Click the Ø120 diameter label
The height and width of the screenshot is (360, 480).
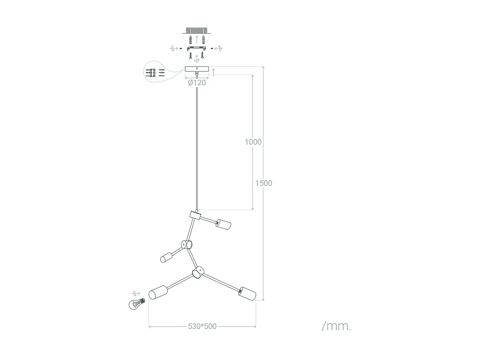tap(197, 83)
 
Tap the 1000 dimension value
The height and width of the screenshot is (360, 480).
tap(253, 142)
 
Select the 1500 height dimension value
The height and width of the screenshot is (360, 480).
tap(264, 183)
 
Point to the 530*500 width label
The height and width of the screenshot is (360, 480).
tap(202, 326)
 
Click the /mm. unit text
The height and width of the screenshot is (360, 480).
tap(336, 326)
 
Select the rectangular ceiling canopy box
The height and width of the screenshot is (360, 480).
tap(197, 69)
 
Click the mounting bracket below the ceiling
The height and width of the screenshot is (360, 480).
tap(196, 48)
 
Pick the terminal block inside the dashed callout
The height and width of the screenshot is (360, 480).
tap(151, 74)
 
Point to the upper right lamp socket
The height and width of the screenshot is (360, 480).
tap(223, 224)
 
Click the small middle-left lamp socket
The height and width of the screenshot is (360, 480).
tap(166, 257)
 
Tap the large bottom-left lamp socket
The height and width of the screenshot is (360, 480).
tap(158, 292)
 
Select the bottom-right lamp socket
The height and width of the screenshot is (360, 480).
tap(247, 294)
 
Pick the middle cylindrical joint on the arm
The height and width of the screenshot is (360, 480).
tap(187, 245)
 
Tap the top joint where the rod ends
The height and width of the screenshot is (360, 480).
tap(195, 215)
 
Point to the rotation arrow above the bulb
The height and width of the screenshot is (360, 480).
tap(136, 293)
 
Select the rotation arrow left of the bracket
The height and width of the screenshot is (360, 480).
tap(173, 49)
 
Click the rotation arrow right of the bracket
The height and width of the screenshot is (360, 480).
tap(219, 49)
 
